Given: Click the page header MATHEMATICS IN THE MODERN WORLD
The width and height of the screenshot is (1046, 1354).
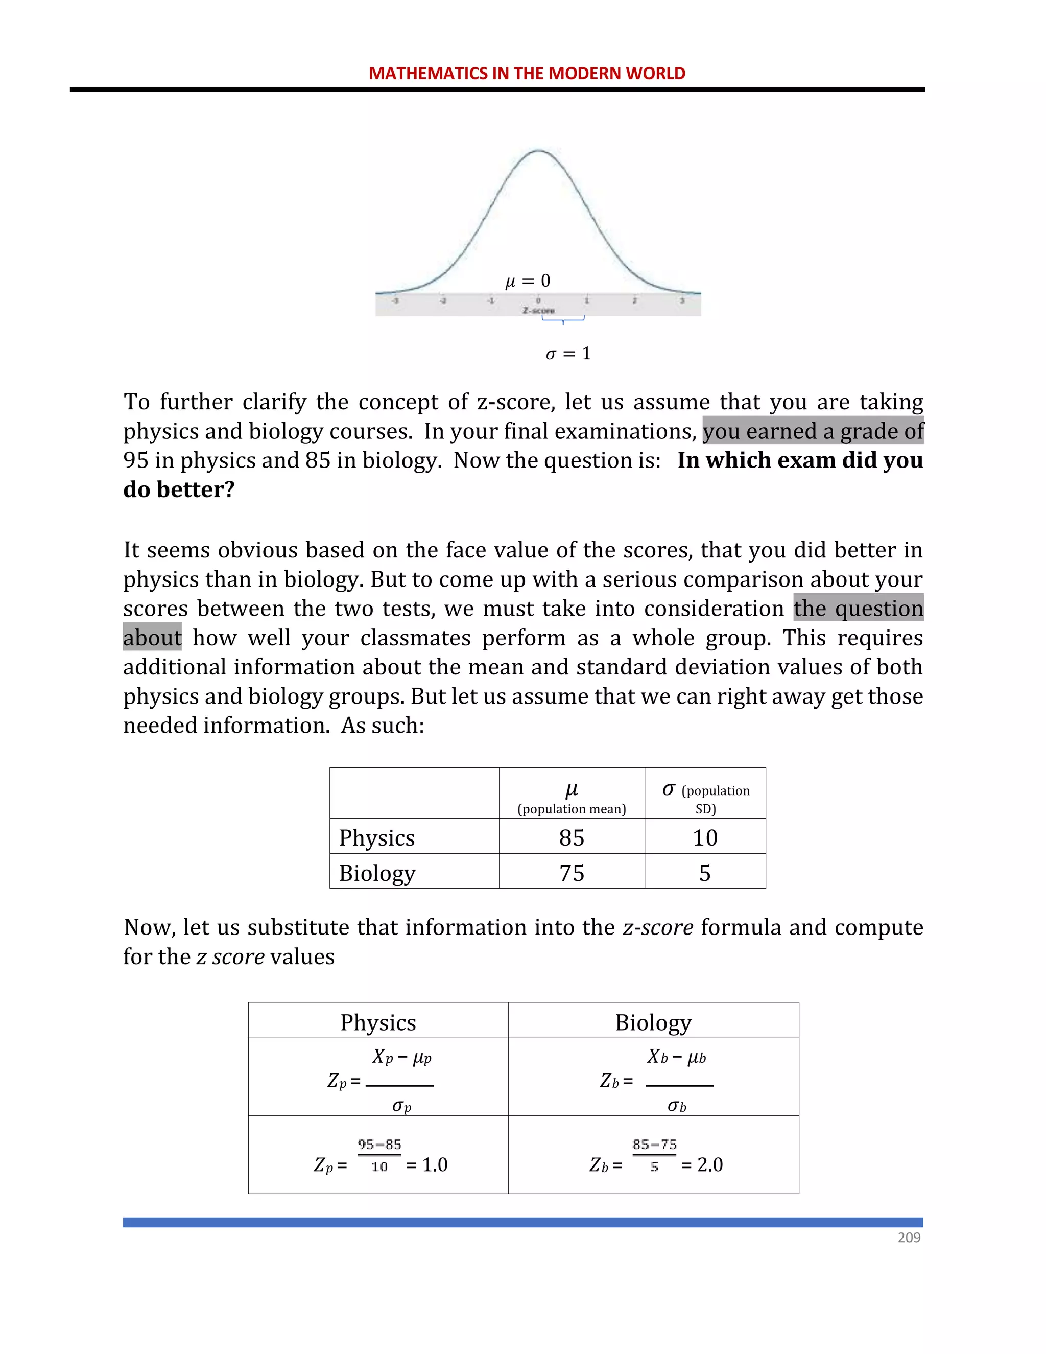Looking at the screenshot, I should tap(527, 73).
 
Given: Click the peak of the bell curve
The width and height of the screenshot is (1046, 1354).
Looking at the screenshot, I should tap(538, 150).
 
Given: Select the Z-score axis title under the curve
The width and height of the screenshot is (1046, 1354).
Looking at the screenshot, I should tap(538, 310).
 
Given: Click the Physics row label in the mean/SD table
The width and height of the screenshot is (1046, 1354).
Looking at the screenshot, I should tap(377, 837).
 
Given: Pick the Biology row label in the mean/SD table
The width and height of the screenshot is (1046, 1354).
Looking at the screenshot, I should tap(377, 873).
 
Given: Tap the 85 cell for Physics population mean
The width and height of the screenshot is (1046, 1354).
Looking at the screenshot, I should tap(572, 837).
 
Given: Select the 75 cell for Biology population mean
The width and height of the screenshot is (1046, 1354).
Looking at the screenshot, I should tap(572, 873).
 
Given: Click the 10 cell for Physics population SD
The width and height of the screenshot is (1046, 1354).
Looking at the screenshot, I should tap(704, 837).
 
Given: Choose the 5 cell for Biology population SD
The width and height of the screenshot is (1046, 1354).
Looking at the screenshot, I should tap(704, 873).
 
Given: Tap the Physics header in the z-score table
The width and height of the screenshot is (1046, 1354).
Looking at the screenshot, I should tap(378, 1022).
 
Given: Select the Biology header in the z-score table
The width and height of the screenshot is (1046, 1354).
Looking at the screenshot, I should tap(653, 1022).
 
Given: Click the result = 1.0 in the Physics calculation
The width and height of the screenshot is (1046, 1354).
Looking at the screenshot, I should tap(427, 1164).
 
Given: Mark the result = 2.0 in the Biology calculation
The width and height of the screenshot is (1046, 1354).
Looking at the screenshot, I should tap(702, 1164).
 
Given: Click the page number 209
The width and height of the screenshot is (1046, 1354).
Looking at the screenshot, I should tap(909, 1238).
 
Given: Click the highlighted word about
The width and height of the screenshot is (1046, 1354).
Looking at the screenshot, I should tap(152, 637).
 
